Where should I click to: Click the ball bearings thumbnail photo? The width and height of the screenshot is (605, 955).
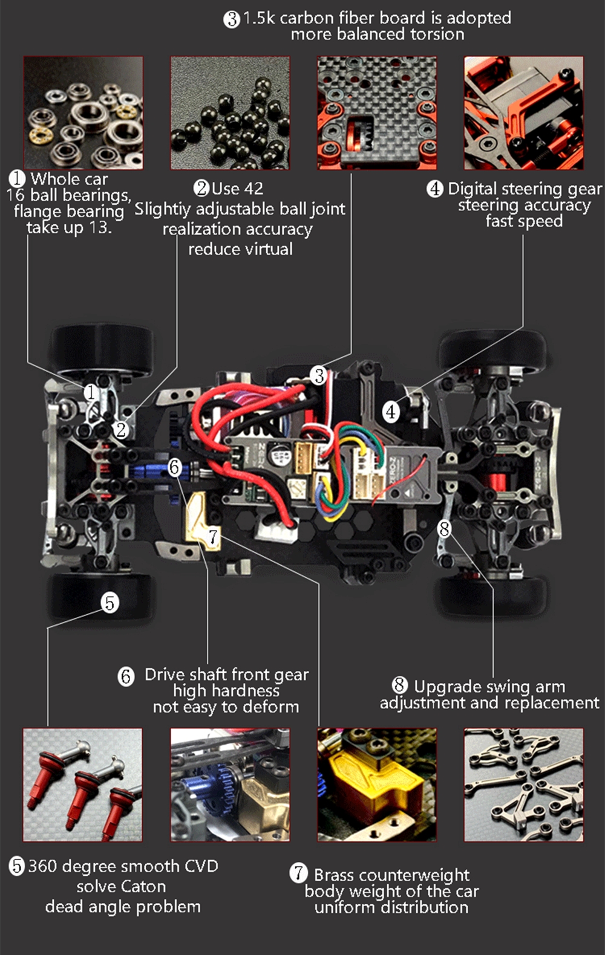(x=83, y=113)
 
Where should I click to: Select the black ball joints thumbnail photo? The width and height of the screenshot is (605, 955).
(x=230, y=113)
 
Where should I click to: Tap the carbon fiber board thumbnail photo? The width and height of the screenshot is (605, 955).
(x=377, y=113)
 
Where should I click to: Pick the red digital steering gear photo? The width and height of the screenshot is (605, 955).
(x=524, y=113)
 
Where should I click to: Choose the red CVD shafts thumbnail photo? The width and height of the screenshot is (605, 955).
(x=83, y=785)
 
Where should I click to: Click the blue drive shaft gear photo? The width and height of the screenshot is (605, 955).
(x=230, y=785)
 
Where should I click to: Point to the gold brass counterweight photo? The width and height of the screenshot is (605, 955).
(x=377, y=785)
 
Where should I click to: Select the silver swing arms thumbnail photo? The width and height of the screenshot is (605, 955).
(x=524, y=785)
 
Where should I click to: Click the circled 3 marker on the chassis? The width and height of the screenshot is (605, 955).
(x=319, y=375)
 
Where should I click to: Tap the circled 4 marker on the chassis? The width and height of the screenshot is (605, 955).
(x=391, y=412)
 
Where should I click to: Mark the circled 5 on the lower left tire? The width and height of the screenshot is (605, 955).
(x=110, y=603)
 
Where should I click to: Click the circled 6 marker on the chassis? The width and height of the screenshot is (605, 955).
(x=174, y=467)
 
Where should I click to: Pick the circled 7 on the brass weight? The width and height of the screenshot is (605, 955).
(x=213, y=536)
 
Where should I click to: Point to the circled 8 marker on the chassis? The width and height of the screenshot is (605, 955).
(x=445, y=529)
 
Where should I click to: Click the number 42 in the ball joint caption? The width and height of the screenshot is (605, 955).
(x=253, y=189)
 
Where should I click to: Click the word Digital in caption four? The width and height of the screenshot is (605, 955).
(x=473, y=189)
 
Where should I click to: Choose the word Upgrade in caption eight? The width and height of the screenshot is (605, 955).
(x=440, y=687)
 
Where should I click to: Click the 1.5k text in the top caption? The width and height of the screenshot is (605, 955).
(x=259, y=18)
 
